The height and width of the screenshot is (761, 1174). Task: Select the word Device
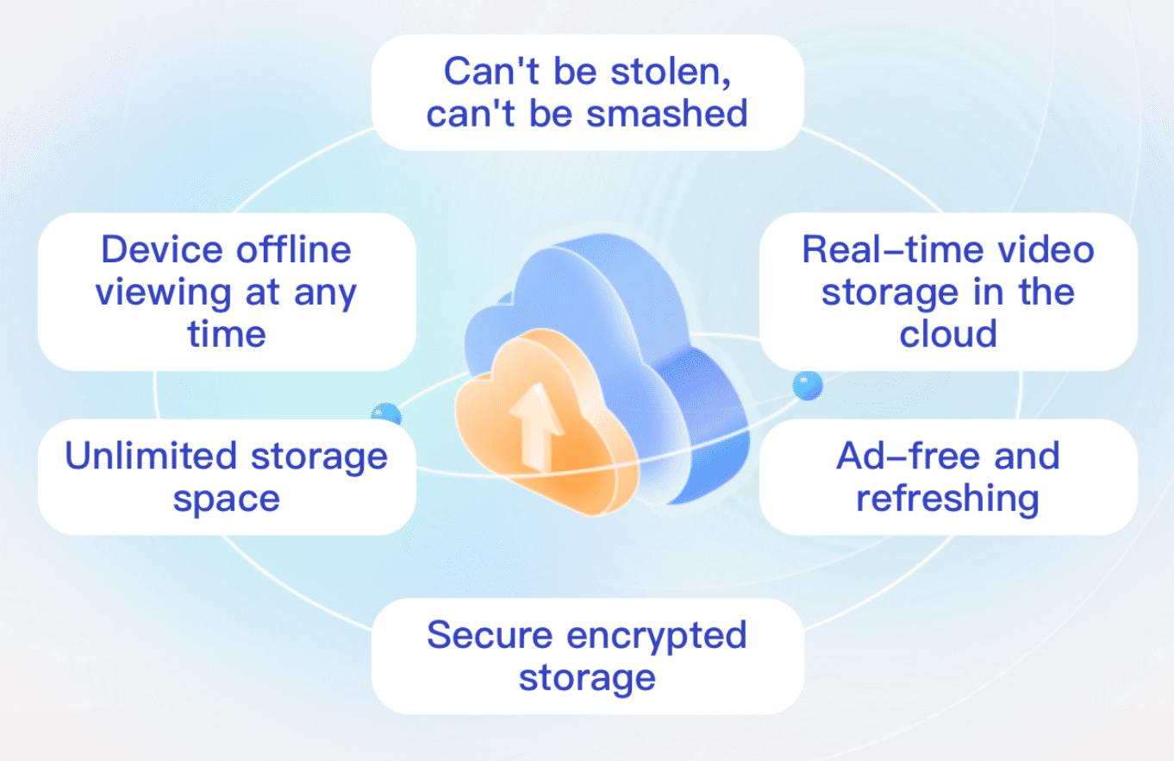(x=154, y=250)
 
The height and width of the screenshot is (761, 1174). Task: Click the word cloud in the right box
(x=948, y=333)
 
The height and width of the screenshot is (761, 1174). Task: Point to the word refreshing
(x=947, y=499)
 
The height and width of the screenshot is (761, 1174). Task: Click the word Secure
(x=488, y=636)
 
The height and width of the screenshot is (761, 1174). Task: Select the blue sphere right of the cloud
(x=807, y=386)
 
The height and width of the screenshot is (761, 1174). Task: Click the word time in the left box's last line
(x=227, y=335)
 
